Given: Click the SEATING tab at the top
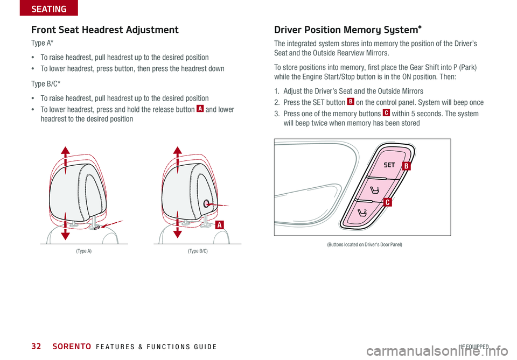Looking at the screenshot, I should [x=48, y=9].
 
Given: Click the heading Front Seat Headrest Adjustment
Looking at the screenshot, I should [x=105, y=30].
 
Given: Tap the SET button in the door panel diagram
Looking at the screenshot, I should [x=389, y=165].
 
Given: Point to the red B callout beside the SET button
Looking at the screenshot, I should [x=408, y=167].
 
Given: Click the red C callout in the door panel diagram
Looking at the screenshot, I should [x=387, y=202].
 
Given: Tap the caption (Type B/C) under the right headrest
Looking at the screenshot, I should [x=198, y=251].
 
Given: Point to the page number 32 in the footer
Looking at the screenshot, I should [x=37, y=347].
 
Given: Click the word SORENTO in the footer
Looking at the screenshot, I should [x=68, y=347].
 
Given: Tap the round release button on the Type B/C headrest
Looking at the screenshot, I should [x=207, y=204].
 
